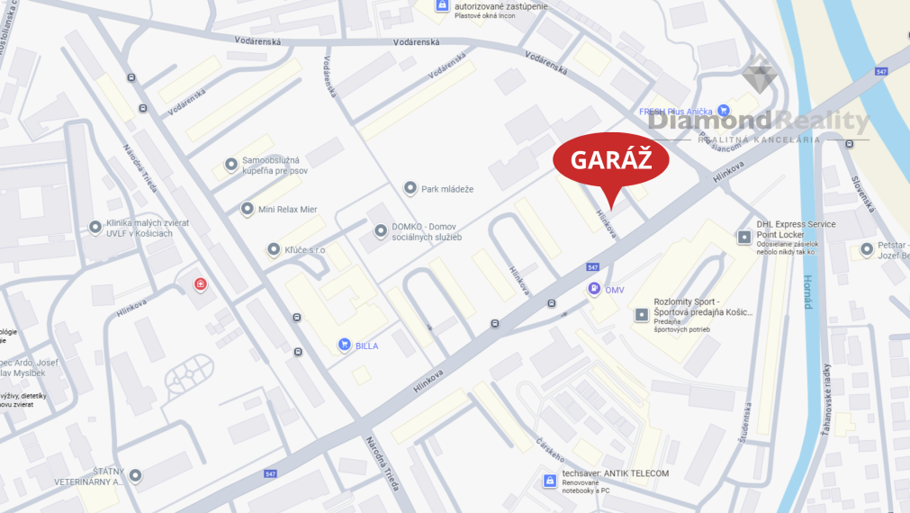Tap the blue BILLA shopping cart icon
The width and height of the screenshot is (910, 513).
[x=344, y=345]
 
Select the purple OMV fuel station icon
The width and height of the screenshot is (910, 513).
[x=594, y=289]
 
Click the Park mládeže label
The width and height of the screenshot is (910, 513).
[x=446, y=189]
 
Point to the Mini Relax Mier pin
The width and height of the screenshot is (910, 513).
[x=248, y=209]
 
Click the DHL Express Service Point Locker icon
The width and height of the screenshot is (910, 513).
[x=743, y=237]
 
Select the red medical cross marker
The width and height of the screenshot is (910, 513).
[x=201, y=285]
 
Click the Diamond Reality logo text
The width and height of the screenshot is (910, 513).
[x=759, y=121]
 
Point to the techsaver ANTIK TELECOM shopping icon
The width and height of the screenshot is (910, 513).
[x=548, y=481]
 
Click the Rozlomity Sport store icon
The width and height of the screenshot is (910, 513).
[x=641, y=314]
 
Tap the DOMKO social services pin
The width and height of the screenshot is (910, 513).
[x=380, y=231]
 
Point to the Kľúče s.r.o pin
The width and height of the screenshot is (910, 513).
[x=274, y=249]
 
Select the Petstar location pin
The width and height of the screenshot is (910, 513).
[x=866, y=248]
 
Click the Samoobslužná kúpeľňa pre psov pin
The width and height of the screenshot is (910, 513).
[x=230, y=166]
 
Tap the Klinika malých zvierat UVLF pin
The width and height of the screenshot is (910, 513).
[x=95, y=228]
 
